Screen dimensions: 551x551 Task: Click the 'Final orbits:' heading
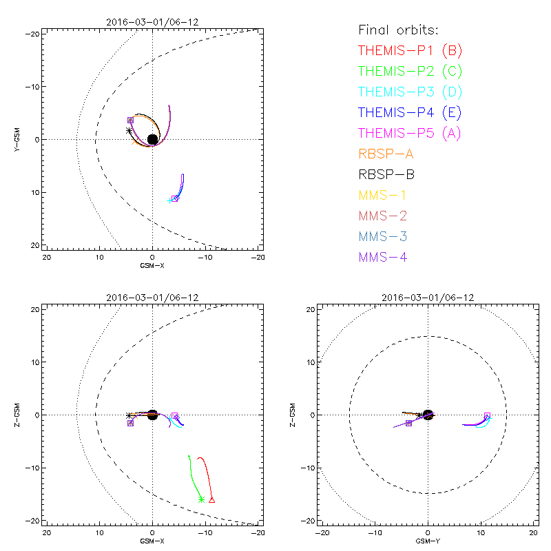coord(399,30)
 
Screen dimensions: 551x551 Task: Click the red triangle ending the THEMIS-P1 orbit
coord(211,499)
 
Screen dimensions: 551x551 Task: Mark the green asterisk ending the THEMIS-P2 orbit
coord(201,499)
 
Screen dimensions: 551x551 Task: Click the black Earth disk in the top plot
coord(152,140)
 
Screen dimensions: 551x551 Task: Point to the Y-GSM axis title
coord(18,140)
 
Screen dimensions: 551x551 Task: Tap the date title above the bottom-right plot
coord(428,298)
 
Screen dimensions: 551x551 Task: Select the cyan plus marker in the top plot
coord(169,200)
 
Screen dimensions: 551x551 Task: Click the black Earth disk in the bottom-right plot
coord(428,415)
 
